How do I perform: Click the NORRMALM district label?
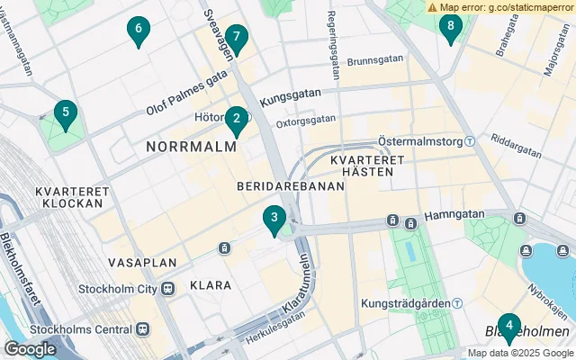(x=185, y=145)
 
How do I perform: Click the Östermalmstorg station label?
(x=413, y=142)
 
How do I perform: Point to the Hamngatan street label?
(x=454, y=215)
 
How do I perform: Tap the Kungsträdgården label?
(x=405, y=304)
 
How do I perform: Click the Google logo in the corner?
(x=31, y=348)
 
